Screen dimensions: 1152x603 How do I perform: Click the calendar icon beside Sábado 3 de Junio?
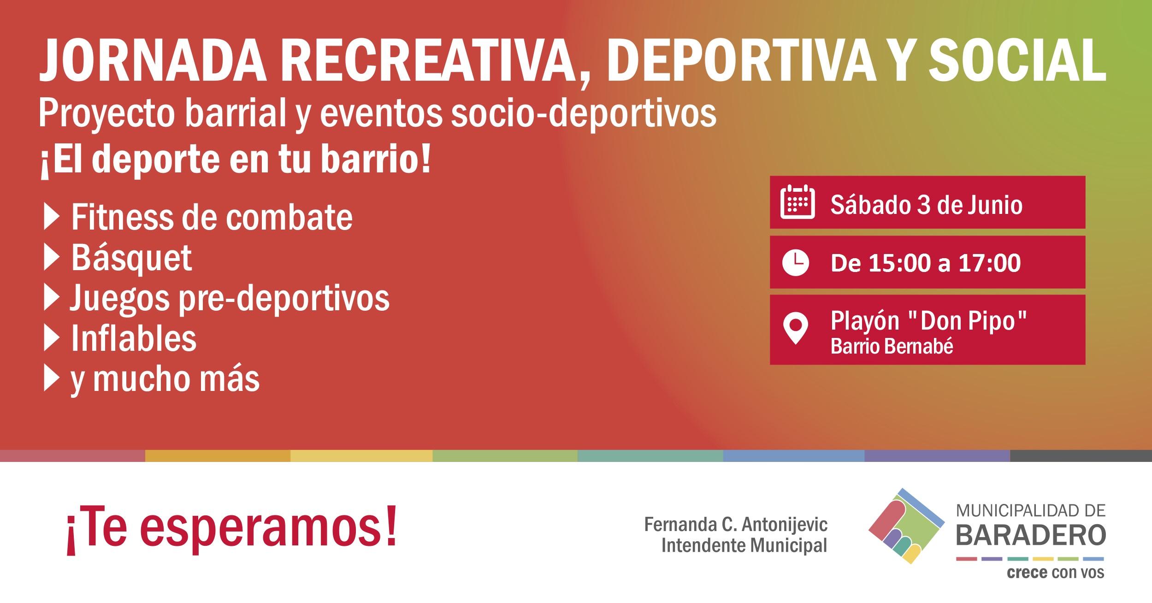tap(798, 201)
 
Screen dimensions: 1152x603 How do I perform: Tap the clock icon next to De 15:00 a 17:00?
tap(796, 263)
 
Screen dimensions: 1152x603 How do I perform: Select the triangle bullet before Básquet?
tap(52, 259)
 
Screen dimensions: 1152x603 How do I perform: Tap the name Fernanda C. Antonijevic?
tap(736, 524)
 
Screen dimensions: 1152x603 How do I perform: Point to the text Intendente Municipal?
tap(744, 545)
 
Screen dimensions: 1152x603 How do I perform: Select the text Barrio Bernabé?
tap(892, 347)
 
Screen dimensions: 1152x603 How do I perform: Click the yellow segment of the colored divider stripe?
tap(361, 456)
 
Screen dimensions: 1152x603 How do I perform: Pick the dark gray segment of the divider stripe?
tap(1081, 456)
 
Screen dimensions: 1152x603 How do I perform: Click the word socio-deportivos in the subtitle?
tap(584, 114)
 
